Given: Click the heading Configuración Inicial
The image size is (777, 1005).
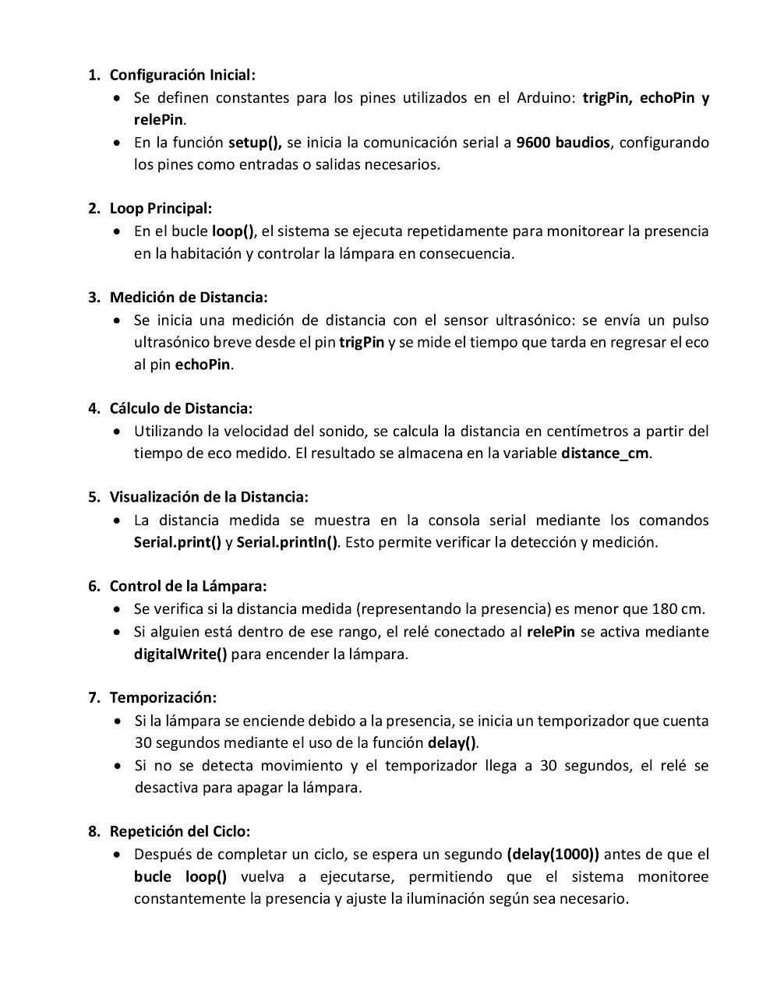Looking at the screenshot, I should [182, 76].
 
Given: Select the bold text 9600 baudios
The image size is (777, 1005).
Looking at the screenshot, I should [563, 143].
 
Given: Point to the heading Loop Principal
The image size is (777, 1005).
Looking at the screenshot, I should [161, 209].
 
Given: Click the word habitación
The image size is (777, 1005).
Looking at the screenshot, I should [205, 254].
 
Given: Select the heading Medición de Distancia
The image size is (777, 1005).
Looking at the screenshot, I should [189, 298].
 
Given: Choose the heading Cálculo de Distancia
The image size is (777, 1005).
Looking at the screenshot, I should [181, 409].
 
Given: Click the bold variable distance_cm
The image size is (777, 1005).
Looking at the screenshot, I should [605, 453].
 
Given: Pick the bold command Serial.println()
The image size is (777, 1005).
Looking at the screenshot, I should [287, 543].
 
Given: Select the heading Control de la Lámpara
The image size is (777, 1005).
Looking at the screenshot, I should [188, 587].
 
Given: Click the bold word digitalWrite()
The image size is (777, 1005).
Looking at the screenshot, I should [180, 654].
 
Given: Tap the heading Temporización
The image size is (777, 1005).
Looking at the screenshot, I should [163, 698].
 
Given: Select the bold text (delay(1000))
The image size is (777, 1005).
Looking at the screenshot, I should [553, 855].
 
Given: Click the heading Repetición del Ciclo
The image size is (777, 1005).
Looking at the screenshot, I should [180, 832].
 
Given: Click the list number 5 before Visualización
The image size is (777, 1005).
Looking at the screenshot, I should [94, 498].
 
